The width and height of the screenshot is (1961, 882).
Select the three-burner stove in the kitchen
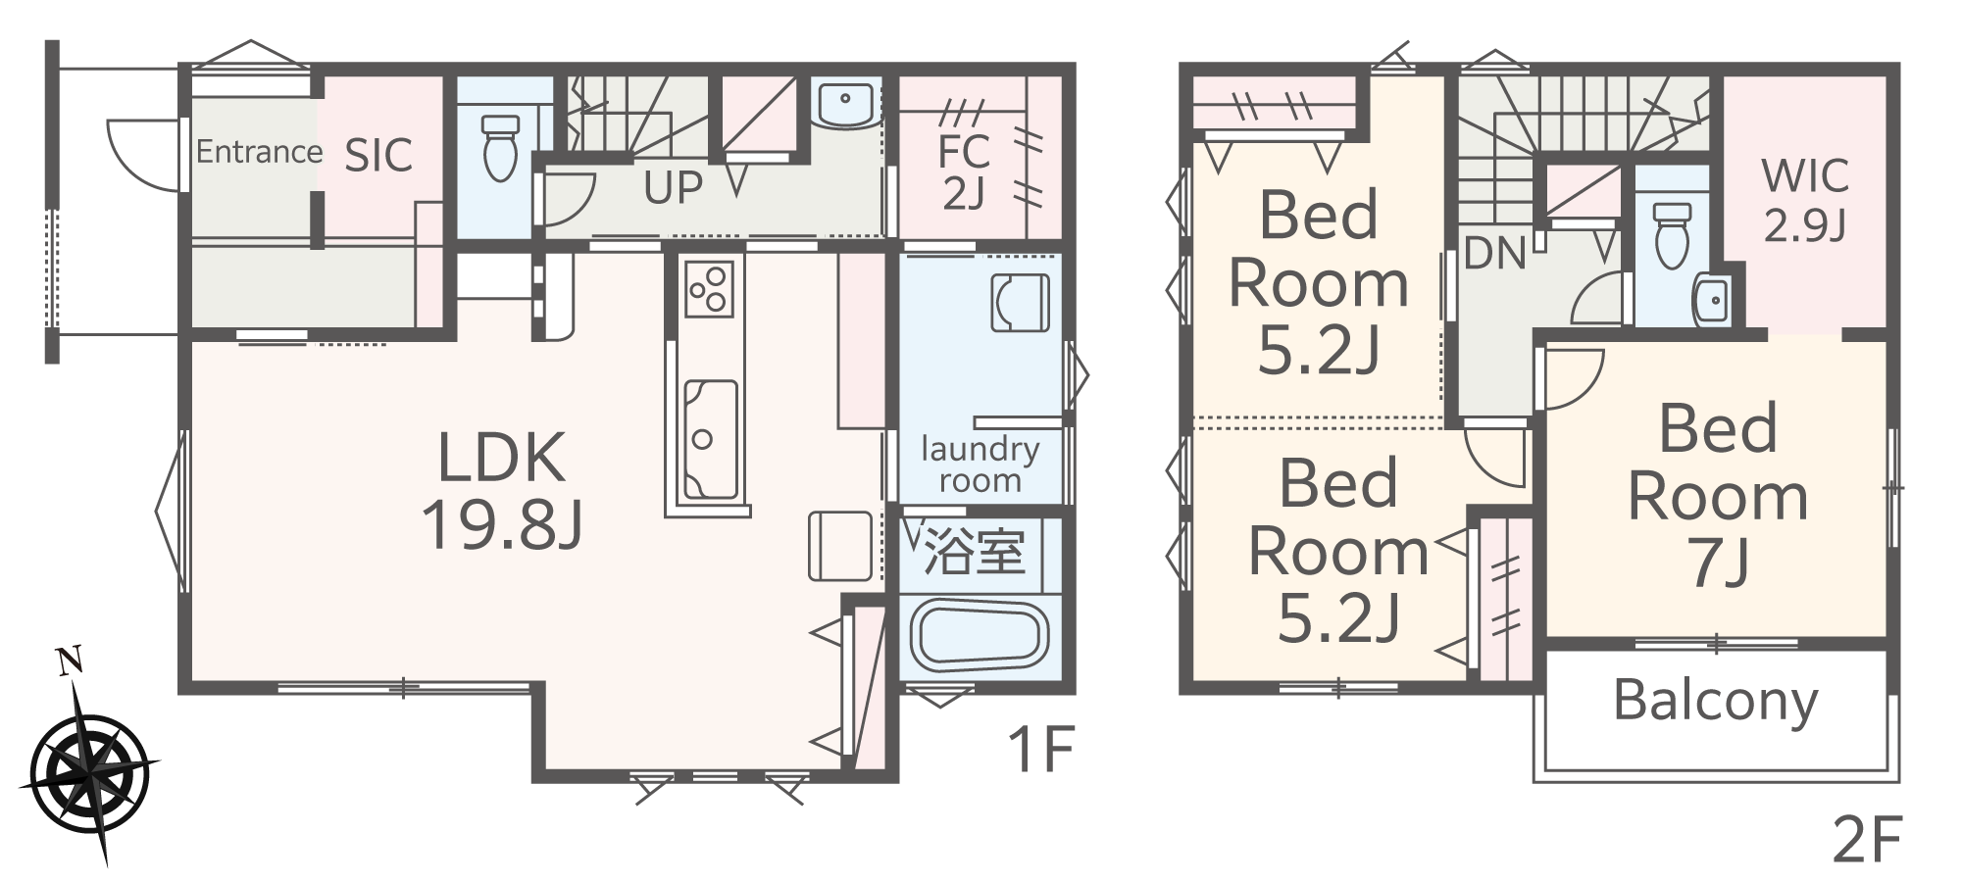tap(707, 287)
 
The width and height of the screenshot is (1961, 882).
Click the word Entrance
tap(259, 152)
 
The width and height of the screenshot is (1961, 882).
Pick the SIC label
tap(378, 155)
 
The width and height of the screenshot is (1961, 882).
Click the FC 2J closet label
tap(963, 172)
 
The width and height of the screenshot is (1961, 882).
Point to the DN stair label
tap(1494, 255)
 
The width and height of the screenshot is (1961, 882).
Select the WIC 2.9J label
tap(1805, 201)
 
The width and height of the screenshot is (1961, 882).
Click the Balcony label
tap(1715, 701)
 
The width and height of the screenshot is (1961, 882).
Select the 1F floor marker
tap(1041, 751)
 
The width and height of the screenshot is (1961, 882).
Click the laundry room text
tap(980, 465)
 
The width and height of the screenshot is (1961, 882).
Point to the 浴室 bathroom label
tap(975, 553)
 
